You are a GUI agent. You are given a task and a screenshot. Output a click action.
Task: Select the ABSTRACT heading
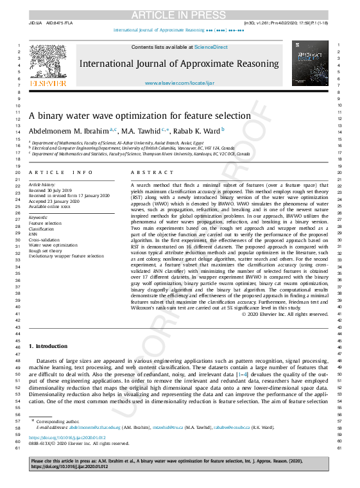[x=143, y=172]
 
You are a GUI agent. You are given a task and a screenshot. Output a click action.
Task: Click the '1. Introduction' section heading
[x=48, y=346]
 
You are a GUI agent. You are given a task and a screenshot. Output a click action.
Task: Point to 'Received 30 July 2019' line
[x=54, y=190]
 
